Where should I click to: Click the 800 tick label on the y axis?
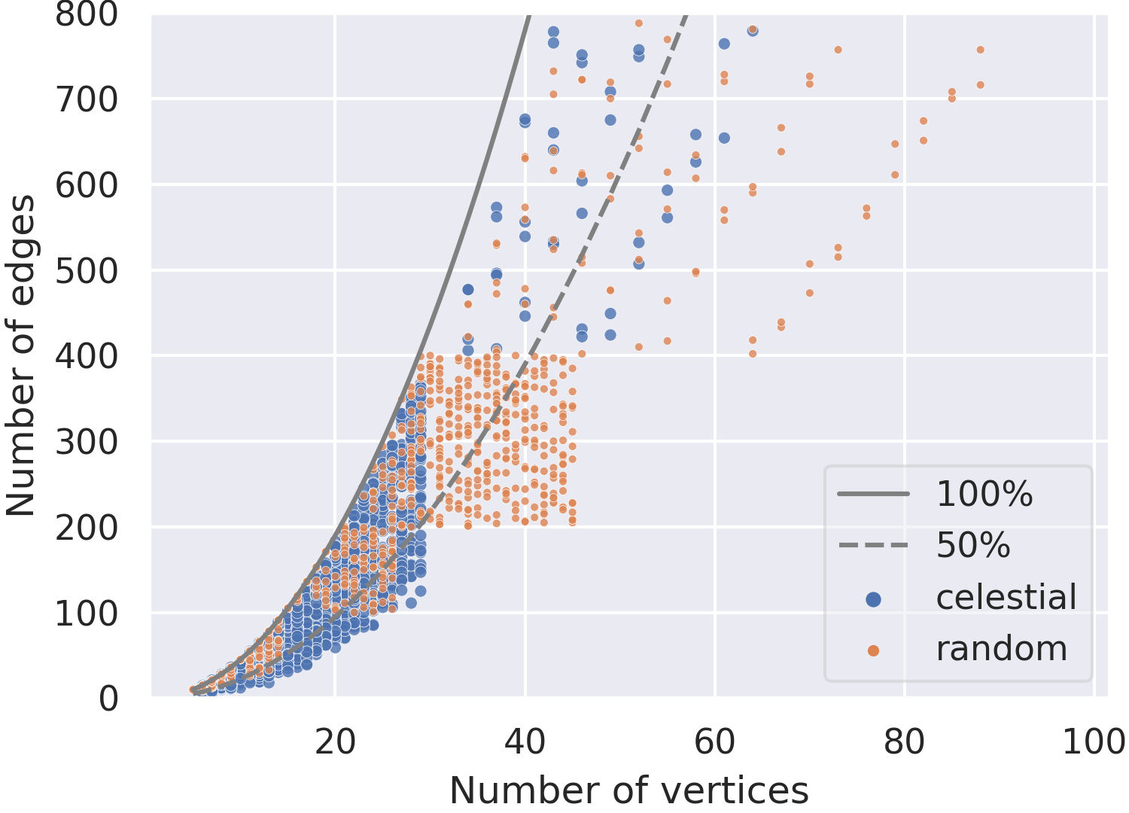[87, 14]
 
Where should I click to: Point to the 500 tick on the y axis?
[87, 271]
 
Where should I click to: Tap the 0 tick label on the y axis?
[108, 699]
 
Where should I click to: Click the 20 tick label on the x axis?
[335, 742]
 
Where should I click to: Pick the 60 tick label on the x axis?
[715, 742]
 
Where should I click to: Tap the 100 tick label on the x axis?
[1094, 742]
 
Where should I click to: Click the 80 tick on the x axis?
[905, 742]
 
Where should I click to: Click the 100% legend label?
[984, 493]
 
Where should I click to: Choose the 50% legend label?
[973, 545]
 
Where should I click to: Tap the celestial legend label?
[1006, 597]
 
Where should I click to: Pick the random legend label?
[1002, 649]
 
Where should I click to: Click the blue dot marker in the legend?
[873, 599]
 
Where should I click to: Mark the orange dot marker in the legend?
[873, 651]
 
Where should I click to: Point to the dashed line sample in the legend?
[873, 545]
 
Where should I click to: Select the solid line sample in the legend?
[873, 493]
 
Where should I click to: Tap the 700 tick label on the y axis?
[87, 100]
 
